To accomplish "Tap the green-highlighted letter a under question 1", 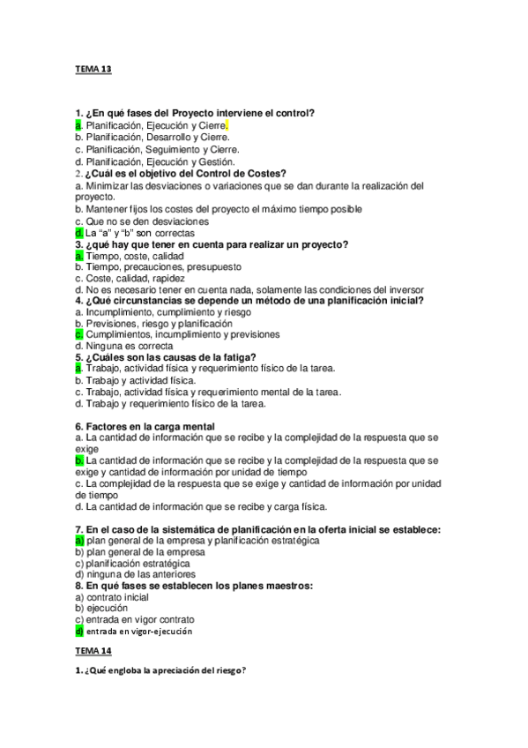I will (78, 126).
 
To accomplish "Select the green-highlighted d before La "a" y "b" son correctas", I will (78, 233).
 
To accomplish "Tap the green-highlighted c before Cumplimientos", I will (78, 335).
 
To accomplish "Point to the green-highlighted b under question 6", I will (78, 460).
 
